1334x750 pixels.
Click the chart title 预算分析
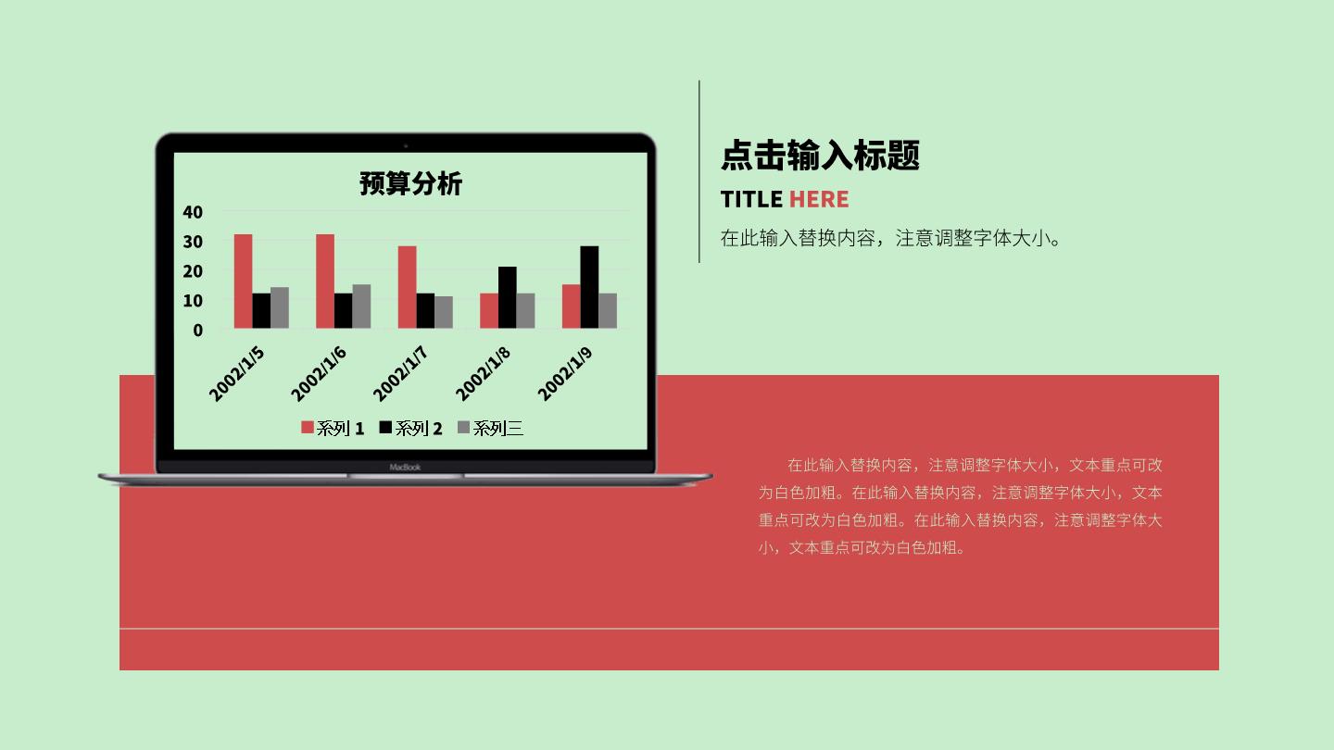tap(410, 183)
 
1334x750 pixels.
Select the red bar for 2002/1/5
tap(243, 281)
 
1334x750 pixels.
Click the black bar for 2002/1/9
tap(589, 287)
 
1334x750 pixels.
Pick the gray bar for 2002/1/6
tap(361, 306)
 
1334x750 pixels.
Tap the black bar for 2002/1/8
tap(508, 297)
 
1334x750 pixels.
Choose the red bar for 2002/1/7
tap(408, 287)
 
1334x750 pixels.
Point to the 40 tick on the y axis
tap(193, 213)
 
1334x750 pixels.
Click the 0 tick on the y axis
tap(197, 331)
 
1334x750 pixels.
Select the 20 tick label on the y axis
tap(193, 271)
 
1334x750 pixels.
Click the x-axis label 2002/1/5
tap(237, 374)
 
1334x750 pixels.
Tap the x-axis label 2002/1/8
tap(483, 374)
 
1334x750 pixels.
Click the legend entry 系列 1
tap(333, 428)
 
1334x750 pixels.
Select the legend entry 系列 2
tap(411, 428)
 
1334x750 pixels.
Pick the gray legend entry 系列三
tap(491, 428)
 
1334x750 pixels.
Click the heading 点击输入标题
tap(820, 156)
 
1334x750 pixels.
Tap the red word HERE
tap(819, 199)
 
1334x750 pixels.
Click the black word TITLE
tap(751, 199)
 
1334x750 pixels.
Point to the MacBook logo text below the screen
tap(405, 468)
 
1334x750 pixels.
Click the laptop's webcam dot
tap(406, 145)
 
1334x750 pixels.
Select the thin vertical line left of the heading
tap(699, 171)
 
